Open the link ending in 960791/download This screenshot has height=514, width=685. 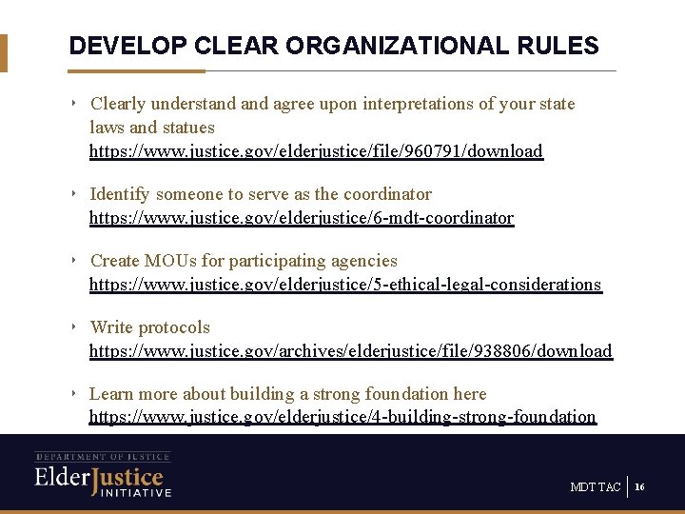pos(316,151)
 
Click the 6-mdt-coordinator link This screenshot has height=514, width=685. pos(302,218)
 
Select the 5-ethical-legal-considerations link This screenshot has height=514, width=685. pos(345,285)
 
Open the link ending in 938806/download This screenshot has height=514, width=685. pos(350,351)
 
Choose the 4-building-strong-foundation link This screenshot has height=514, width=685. pos(342,417)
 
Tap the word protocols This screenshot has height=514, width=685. pos(177,327)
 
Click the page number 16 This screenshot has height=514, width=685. pos(639,487)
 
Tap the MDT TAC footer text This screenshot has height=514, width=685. pos(595,487)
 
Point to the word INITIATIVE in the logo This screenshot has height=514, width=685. pos(132,493)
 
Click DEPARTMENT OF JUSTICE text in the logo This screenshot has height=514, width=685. pos(103,457)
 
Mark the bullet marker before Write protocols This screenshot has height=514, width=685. pos(74,327)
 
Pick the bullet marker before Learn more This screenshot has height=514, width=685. pos(74,393)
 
